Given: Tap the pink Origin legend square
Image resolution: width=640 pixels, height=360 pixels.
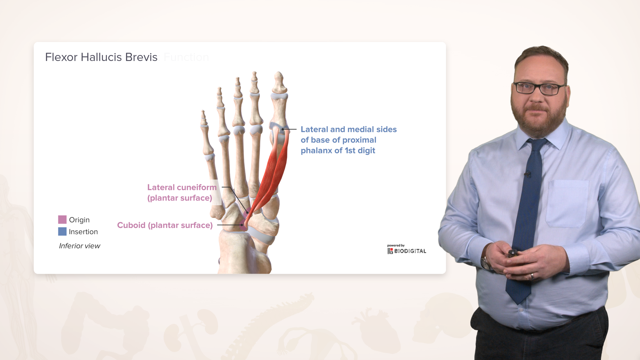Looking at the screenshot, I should [62, 219].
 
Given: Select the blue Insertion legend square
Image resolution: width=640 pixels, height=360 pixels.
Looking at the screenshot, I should [62, 231].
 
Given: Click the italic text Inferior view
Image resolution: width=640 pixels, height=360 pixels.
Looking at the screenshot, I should [79, 246].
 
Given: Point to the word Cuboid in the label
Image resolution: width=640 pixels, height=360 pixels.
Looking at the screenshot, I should [131, 225].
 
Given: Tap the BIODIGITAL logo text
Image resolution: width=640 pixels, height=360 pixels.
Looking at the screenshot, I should [410, 251].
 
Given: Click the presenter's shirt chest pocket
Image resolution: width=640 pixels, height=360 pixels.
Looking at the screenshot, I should [567, 203].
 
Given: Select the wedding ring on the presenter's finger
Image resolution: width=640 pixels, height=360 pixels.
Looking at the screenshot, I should [532, 276].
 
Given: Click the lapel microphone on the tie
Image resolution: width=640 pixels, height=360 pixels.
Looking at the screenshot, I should [527, 174].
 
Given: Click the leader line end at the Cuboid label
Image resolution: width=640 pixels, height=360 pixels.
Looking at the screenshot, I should [242, 225].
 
